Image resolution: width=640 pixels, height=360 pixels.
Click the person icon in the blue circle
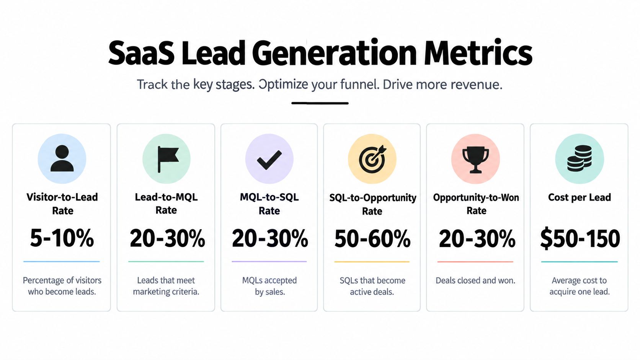coord(62,158)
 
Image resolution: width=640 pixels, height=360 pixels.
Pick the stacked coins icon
coord(580,158)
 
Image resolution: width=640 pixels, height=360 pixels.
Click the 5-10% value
coord(62,238)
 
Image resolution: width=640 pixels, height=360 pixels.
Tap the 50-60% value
coord(372,238)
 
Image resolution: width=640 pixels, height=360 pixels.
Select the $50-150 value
coord(580,238)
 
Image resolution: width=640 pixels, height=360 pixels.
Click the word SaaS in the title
coord(141,53)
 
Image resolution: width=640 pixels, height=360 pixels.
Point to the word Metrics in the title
coord(478,52)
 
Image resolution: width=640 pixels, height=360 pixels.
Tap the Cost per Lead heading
coord(580,197)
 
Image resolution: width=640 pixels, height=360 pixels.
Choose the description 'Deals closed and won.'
coord(475,281)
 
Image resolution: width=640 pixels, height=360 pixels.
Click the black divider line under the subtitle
coord(320,103)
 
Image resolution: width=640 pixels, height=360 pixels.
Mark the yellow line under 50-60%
coord(372,262)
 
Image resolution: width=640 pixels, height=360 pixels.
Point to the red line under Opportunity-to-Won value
coord(475,262)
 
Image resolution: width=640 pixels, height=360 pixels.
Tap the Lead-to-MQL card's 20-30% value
coord(167,238)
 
